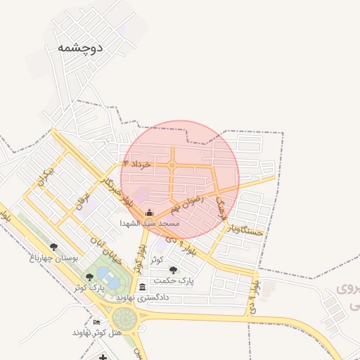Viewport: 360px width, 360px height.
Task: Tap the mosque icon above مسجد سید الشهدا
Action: click(148, 212)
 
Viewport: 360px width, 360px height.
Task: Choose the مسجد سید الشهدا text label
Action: click(150, 223)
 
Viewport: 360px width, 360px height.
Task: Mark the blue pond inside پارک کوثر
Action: click(104, 273)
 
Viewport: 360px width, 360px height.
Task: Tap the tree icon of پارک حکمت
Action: click(174, 270)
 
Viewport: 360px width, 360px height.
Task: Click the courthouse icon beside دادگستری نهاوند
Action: click(143, 287)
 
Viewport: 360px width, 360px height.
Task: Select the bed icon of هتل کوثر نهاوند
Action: click(97, 322)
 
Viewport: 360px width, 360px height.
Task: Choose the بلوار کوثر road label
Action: click(141, 258)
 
